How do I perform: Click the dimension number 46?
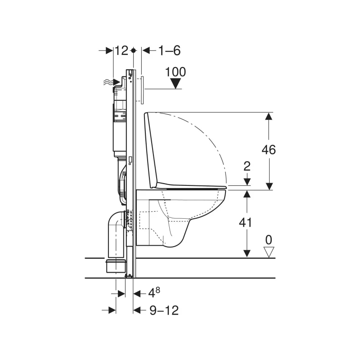[269, 150]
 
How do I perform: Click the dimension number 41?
[245, 222]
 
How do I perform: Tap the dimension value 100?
[175, 72]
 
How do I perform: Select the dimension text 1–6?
[168, 51]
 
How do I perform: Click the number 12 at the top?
[121, 51]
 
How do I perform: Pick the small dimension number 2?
[246, 166]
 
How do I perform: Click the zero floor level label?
[269, 240]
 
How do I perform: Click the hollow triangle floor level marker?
[269, 252]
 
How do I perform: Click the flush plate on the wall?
[141, 88]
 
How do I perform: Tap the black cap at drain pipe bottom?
[116, 265]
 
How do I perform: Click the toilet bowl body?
[180, 216]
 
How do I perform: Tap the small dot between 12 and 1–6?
[133, 51]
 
